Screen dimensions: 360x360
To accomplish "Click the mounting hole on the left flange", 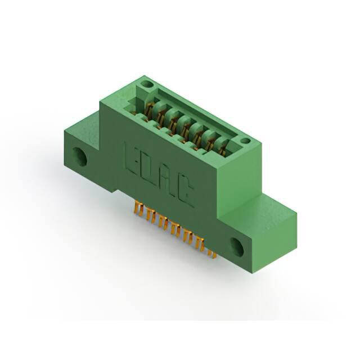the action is click(x=80, y=156).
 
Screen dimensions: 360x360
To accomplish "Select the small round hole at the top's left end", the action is click(x=147, y=84).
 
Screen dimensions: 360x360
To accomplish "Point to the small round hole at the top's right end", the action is click(x=246, y=141).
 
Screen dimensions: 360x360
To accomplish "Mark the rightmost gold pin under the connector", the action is click(x=212, y=254).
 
